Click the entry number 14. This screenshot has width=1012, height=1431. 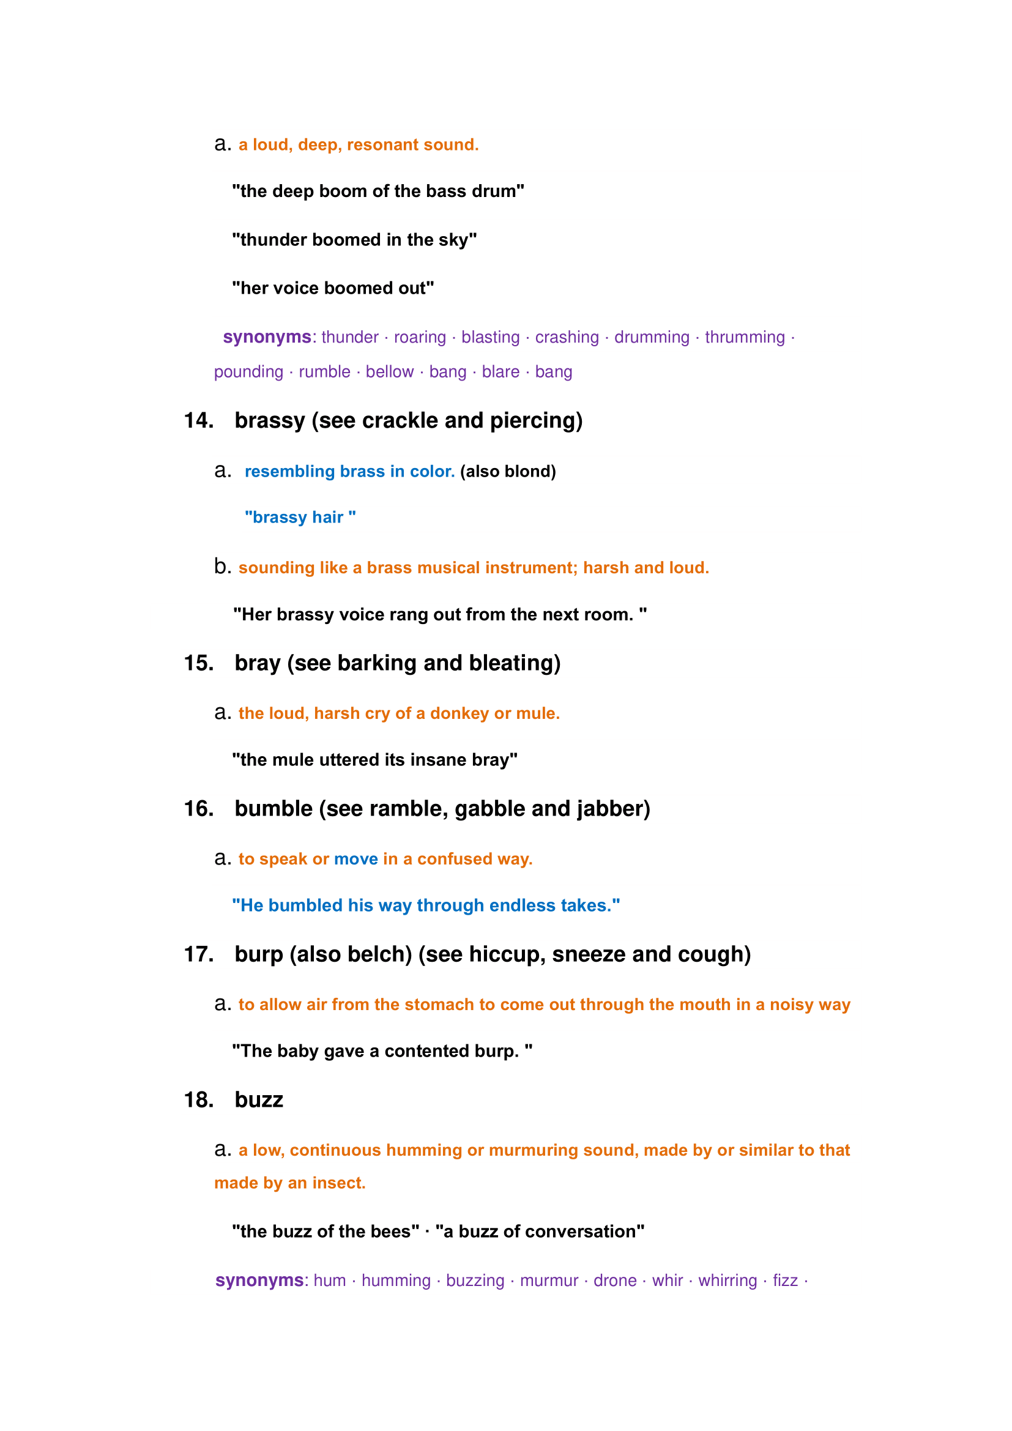coord(199,421)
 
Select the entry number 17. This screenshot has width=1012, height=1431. coord(199,955)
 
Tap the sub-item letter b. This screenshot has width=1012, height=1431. coord(222,567)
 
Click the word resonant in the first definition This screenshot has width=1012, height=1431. coord(384,144)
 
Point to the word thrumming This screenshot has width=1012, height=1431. coord(745,337)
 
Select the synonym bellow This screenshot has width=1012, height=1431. coord(390,372)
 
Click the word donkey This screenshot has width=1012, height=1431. coord(459,713)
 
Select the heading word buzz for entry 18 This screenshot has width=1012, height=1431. coord(259,1100)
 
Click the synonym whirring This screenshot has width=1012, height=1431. coord(727,1280)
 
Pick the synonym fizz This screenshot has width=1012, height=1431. coord(785,1280)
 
